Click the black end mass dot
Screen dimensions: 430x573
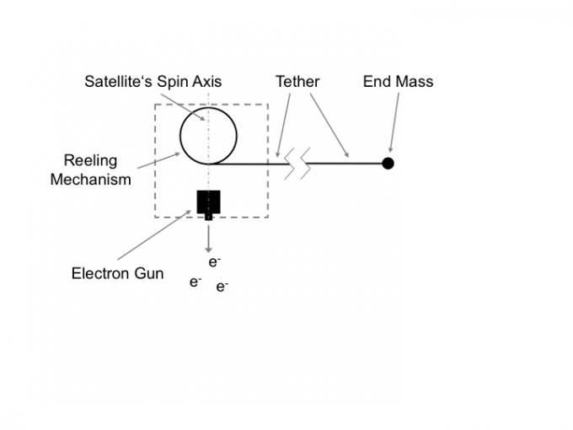coord(388,163)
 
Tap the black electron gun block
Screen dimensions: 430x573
coord(208,202)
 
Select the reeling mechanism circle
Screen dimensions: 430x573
coord(208,135)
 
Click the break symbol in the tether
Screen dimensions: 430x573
coord(297,163)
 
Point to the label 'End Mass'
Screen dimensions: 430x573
coord(398,82)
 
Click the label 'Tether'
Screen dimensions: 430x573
coord(297,82)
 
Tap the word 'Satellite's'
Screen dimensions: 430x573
coord(117,82)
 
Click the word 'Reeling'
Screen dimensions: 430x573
coord(90,160)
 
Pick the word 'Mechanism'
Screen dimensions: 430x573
coord(90,179)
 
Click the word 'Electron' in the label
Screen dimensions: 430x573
coord(101,273)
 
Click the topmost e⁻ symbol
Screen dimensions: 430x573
coord(215,262)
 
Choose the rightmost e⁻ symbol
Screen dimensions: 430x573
coord(222,287)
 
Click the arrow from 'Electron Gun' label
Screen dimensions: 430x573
coord(156,234)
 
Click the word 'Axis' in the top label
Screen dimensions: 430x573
coord(207,82)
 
